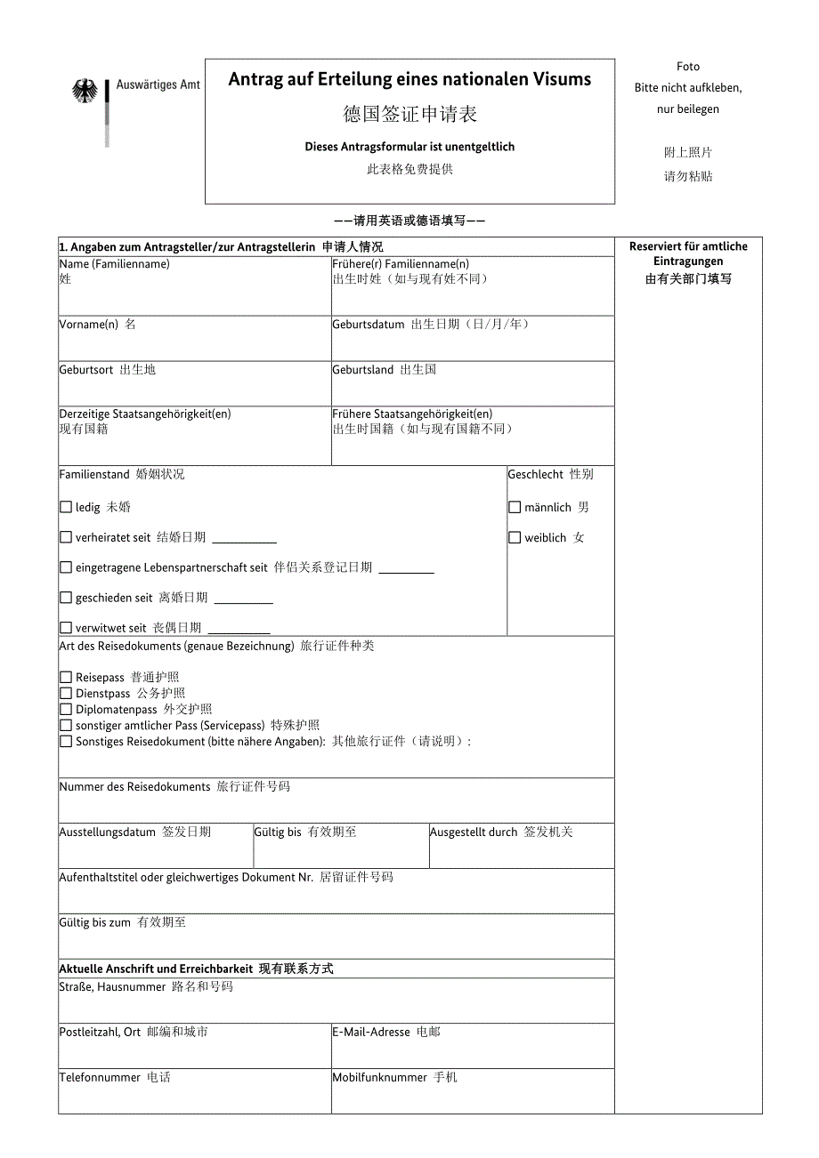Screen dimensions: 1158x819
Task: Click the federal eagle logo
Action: click(x=85, y=91)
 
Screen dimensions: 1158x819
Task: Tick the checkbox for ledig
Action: click(x=66, y=507)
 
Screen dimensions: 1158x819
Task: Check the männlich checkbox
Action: click(x=515, y=507)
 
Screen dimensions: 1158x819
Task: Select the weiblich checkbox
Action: click(x=515, y=537)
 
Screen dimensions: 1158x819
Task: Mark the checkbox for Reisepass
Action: click(x=66, y=678)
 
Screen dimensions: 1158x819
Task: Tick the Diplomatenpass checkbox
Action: click(x=66, y=710)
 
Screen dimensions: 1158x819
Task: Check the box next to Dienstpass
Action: click(x=66, y=694)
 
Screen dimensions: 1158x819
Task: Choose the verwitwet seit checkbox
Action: click(x=66, y=628)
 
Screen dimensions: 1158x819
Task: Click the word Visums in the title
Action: click(x=563, y=79)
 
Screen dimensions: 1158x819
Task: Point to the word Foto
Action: click(x=688, y=67)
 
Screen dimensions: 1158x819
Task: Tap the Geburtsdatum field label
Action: click(x=369, y=325)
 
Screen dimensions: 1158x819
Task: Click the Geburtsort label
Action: click(x=86, y=370)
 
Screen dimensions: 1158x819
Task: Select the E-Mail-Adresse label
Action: click(x=371, y=1033)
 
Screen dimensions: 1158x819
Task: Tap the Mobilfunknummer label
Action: click(x=380, y=1078)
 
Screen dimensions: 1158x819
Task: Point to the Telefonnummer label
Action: click(x=100, y=1078)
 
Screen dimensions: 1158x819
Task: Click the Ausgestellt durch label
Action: click(x=474, y=832)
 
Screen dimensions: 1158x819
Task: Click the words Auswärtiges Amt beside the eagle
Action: click(x=158, y=85)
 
